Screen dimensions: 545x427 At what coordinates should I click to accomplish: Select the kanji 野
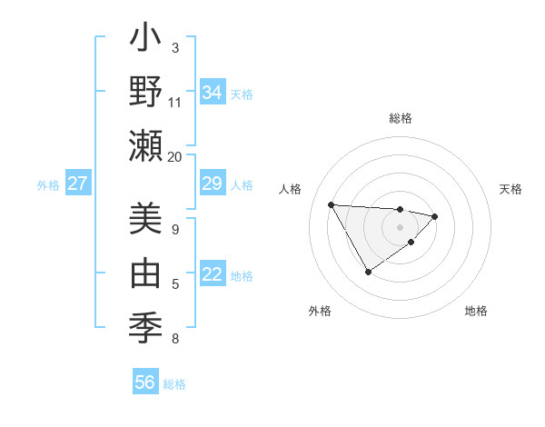pyautogui.click(x=145, y=93)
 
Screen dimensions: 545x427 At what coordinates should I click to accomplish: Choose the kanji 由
pyautogui.click(x=145, y=271)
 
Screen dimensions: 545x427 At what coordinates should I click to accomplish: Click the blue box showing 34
pyautogui.click(x=213, y=93)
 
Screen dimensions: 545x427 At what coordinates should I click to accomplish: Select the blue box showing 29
pyautogui.click(x=213, y=184)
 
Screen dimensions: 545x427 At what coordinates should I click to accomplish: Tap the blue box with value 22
pyautogui.click(x=213, y=275)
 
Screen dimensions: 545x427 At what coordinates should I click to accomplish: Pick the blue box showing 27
pyautogui.click(x=77, y=184)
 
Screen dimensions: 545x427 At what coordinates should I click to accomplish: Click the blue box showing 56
pyautogui.click(x=145, y=382)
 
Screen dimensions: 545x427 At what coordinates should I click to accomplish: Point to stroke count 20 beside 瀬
pyautogui.click(x=175, y=156)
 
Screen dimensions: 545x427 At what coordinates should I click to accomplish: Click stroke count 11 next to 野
pyautogui.click(x=175, y=102)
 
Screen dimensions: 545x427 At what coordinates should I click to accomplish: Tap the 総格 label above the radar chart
pyautogui.click(x=400, y=118)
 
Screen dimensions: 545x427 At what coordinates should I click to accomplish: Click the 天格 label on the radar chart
pyautogui.click(x=511, y=189)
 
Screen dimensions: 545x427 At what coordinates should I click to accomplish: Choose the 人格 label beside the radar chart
pyautogui.click(x=291, y=189)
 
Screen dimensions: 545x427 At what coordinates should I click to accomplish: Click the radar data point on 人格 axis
pyautogui.click(x=332, y=204)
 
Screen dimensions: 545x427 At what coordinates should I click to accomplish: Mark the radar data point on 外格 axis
pyautogui.click(x=368, y=272)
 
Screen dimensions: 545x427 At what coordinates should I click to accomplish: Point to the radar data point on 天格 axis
pyautogui.click(x=435, y=216)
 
